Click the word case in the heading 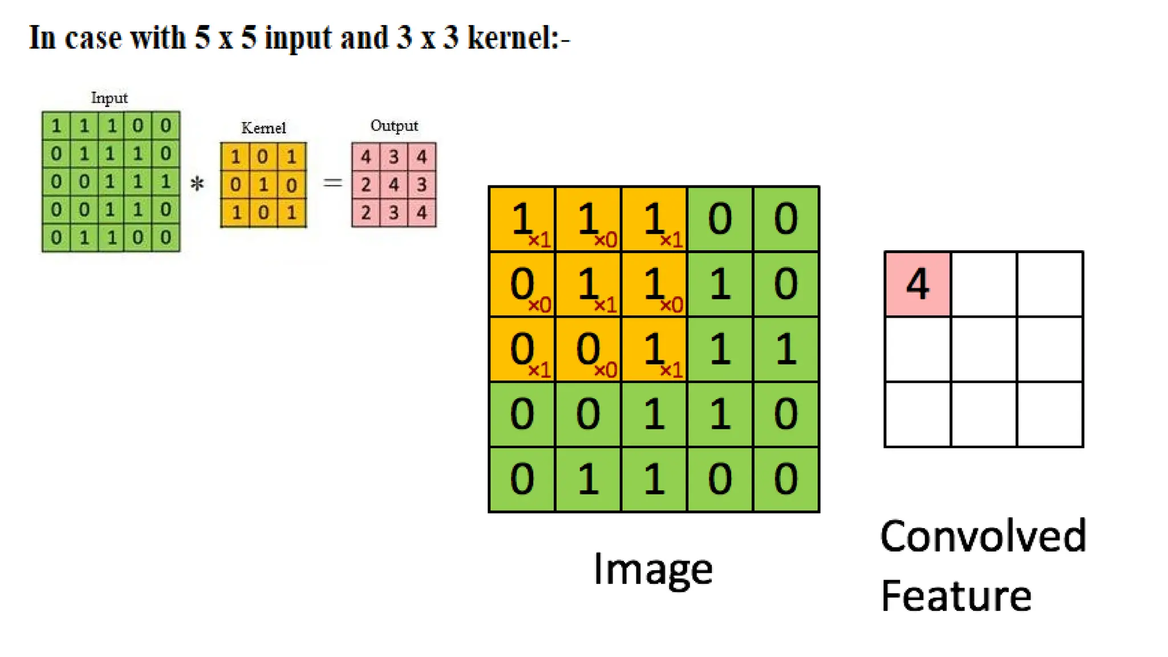coord(93,38)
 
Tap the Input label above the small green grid coord(109,98)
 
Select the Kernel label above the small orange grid coord(263,128)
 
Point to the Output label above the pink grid coord(394,125)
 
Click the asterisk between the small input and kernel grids coord(197,184)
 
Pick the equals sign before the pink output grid coord(332,183)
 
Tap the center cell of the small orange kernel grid coord(263,185)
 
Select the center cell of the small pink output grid coord(394,185)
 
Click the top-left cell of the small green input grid coord(56,125)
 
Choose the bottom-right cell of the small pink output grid coord(422,213)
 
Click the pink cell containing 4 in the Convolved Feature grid coord(918,283)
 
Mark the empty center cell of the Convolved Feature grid coord(984,349)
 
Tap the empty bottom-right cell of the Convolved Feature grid coord(1050,415)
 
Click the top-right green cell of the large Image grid coord(786,219)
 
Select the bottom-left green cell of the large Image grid coord(522,479)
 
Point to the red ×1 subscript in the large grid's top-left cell coord(539,241)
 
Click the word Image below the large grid coord(653,569)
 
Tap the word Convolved coord(983,537)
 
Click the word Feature coord(956,596)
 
